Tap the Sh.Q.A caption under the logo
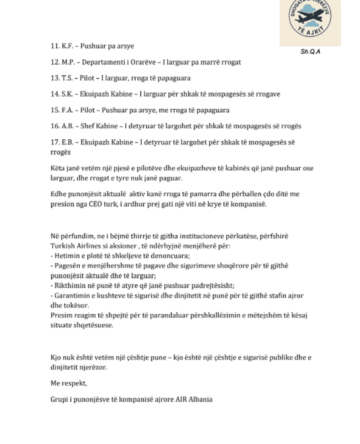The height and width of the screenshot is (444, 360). tap(310, 52)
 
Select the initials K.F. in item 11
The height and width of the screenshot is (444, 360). tap(68, 46)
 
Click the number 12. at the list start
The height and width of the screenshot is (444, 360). tap(55, 62)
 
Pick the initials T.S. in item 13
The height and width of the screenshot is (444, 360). tap(68, 78)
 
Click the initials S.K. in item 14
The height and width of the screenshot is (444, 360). tap(68, 94)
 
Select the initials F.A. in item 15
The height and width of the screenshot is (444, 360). tap(68, 110)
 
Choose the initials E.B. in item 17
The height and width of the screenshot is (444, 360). tap(68, 142)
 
